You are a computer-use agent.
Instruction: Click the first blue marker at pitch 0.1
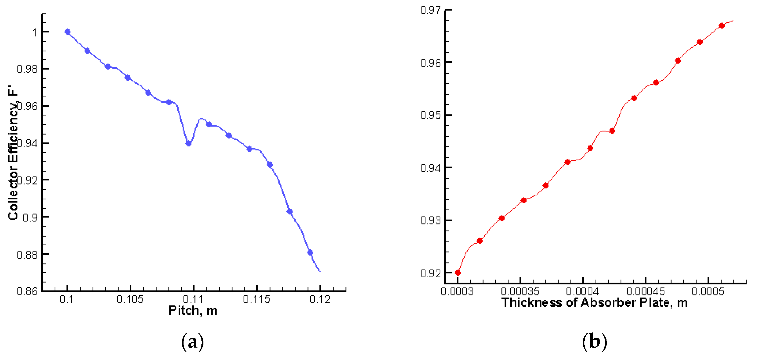click(67, 32)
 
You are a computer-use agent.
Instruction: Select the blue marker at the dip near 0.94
click(189, 144)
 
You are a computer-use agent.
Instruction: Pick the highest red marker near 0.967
click(721, 26)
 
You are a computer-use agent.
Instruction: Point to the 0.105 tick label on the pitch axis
click(130, 299)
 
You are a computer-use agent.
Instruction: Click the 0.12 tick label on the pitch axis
click(320, 299)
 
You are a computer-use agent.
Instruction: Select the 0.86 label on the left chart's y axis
click(27, 291)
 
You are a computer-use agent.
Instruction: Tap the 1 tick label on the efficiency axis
click(35, 32)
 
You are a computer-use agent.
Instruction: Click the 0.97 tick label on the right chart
click(430, 10)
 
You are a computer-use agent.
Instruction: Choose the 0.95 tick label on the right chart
click(430, 115)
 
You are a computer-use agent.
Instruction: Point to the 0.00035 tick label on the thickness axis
click(520, 291)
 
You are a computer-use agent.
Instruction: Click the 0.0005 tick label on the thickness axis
click(708, 291)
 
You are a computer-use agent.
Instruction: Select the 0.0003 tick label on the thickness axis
click(457, 291)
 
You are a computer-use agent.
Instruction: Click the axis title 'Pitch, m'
click(193, 311)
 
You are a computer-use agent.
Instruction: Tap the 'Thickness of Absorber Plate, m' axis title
click(594, 303)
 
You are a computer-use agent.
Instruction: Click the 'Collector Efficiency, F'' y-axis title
click(13, 153)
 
